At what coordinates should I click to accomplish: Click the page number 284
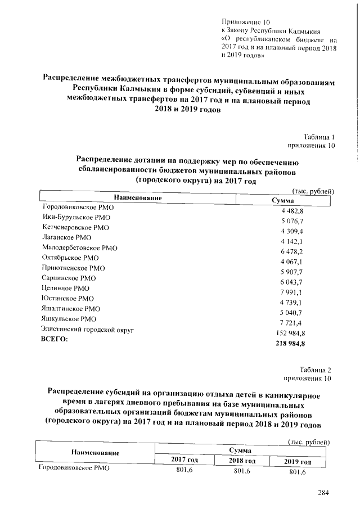(322, 493)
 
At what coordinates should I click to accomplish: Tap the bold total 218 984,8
(290, 343)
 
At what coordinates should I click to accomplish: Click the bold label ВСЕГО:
(55, 339)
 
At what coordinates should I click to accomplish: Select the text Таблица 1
(319, 137)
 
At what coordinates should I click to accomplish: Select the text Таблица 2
(316, 370)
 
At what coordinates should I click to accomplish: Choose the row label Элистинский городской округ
(87, 329)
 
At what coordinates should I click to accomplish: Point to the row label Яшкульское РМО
(69, 319)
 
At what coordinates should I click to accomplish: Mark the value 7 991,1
(292, 292)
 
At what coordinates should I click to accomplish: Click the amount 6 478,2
(292, 251)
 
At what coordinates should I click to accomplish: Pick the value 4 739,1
(292, 302)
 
